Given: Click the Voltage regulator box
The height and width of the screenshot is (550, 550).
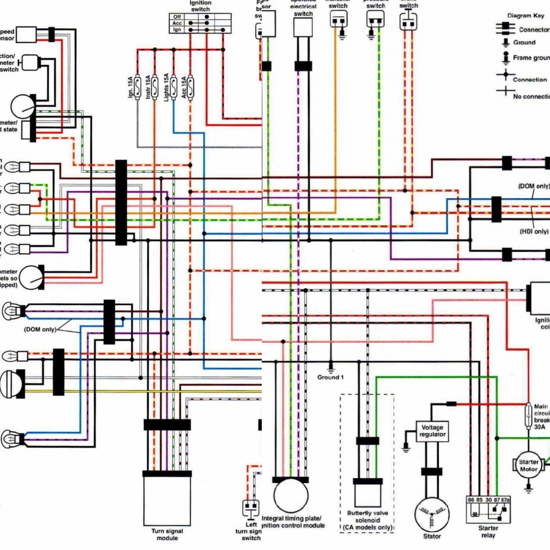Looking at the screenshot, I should click(432, 431).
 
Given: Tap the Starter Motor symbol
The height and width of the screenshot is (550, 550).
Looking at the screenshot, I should click(529, 465).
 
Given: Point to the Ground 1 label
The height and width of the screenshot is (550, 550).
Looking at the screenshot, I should click(331, 377).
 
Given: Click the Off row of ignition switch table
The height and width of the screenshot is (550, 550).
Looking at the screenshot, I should click(196, 16).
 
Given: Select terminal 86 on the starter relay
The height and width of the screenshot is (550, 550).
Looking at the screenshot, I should click(471, 500).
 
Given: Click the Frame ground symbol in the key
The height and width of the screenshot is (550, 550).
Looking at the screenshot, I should click(506, 58).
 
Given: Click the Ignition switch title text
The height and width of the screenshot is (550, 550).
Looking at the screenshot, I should click(200, 6).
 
